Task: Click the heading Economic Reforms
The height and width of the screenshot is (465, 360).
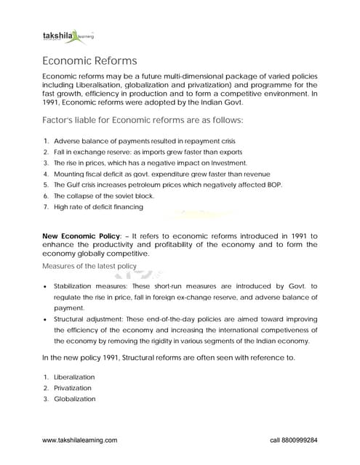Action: coord(89,60)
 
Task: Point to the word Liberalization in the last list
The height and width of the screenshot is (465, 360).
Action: coord(74,377)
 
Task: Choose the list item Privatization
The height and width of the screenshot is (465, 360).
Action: coord(73,389)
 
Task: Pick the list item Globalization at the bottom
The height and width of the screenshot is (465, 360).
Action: coord(74,400)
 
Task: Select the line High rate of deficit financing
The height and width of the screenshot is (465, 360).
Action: coord(98,207)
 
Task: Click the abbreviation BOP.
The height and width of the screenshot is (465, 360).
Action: coord(273,185)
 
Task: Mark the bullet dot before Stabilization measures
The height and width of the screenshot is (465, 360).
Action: coord(46,287)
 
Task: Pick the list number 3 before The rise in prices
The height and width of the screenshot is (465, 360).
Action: coord(46,163)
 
